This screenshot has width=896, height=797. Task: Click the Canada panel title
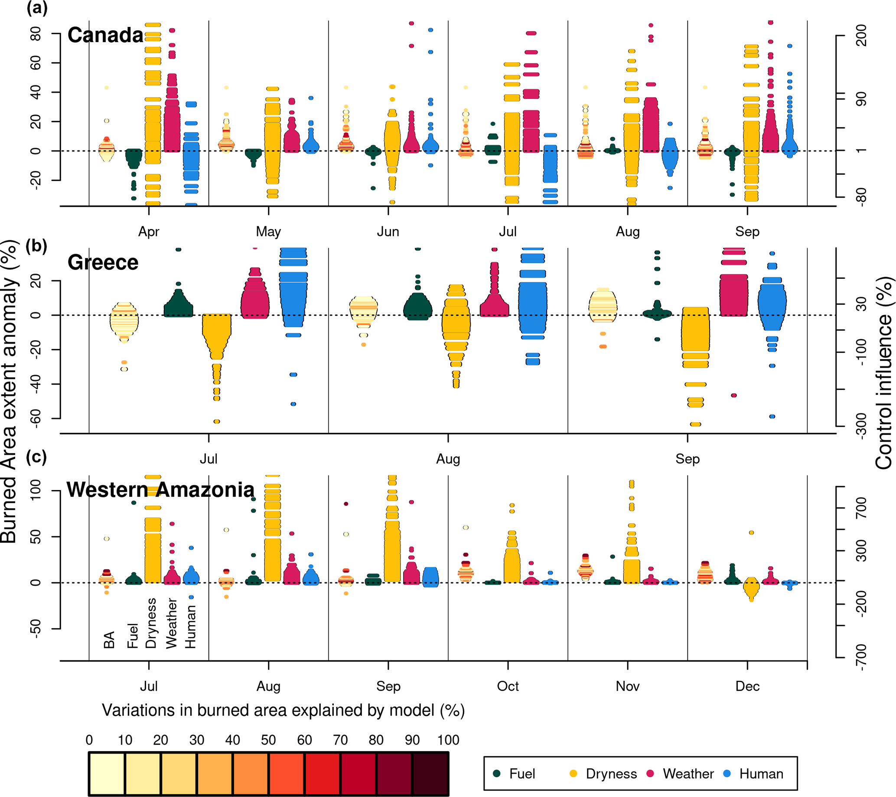click(x=105, y=35)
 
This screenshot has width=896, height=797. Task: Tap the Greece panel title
click(x=103, y=263)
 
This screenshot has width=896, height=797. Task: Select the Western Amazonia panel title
click(x=160, y=490)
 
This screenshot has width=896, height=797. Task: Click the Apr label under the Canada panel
click(x=149, y=232)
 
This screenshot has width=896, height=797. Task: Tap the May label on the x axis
click(x=268, y=232)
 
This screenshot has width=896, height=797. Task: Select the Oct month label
click(x=508, y=686)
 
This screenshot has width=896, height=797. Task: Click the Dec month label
click(x=747, y=686)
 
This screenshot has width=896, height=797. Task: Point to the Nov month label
click(x=627, y=686)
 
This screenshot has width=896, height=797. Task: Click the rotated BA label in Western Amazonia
click(x=109, y=640)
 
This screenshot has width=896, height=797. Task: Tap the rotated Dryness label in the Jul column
click(x=151, y=623)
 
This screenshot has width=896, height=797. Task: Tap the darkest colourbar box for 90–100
click(x=430, y=774)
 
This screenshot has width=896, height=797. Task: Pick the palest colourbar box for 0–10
click(x=107, y=774)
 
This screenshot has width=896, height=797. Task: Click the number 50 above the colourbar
click(x=268, y=741)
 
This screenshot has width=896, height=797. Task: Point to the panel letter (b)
click(x=36, y=246)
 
